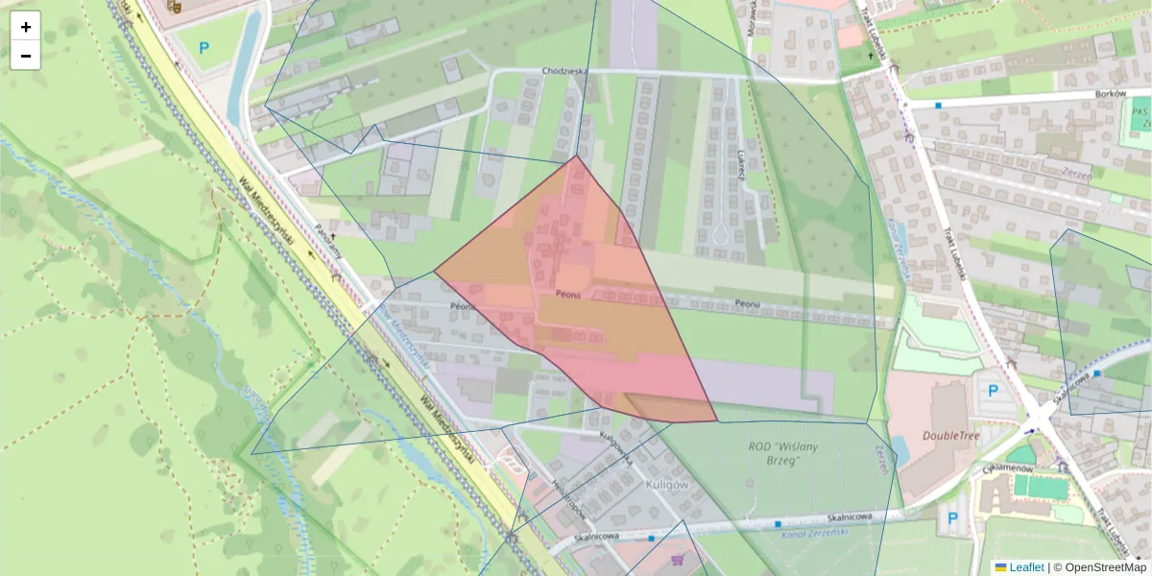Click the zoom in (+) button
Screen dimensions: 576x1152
click(26, 27)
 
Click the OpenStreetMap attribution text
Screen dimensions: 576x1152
click(1100, 567)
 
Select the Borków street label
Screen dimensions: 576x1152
click(1109, 95)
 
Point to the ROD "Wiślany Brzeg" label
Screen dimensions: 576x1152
click(788, 452)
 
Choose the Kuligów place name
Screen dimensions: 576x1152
click(669, 485)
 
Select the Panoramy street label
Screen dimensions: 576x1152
click(328, 240)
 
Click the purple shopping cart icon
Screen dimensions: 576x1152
click(679, 560)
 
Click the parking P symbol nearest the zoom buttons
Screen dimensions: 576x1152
click(204, 47)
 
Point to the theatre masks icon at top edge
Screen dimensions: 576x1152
click(174, 6)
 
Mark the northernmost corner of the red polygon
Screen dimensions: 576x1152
click(576, 156)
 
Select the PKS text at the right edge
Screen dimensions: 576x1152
click(1140, 112)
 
